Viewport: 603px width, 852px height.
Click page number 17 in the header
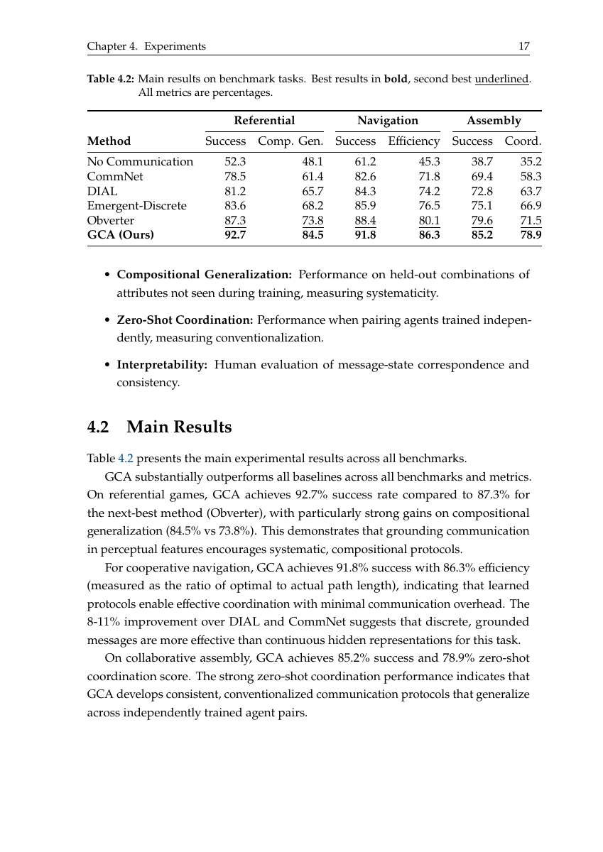[x=524, y=46]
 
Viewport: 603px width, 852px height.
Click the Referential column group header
[x=264, y=121]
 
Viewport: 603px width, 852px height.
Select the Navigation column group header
[x=388, y=121]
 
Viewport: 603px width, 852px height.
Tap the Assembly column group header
[x=494, y=121]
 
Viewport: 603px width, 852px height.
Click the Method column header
[x=109, y=141]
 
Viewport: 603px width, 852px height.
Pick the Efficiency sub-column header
[x=413, y=141]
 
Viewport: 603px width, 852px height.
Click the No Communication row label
[x=140, y=162]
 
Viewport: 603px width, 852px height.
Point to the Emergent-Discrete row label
[x=136, y=206]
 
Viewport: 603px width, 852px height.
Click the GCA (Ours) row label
[x=120, y=235]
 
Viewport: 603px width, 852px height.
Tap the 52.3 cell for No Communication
[x=235, y=162]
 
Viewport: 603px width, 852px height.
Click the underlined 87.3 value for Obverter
[x=235, y=221]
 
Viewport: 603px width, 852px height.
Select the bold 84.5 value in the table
[x=313, y=235]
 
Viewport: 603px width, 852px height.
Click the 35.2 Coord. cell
[x=531, y=162]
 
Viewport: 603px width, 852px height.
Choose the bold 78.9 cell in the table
[x=531, y=235]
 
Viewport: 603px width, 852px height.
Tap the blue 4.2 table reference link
[x=125, y=457]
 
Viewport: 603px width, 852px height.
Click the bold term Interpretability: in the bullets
[x=162, y=365]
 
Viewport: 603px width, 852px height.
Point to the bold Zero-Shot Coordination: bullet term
[x=185, y=320]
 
